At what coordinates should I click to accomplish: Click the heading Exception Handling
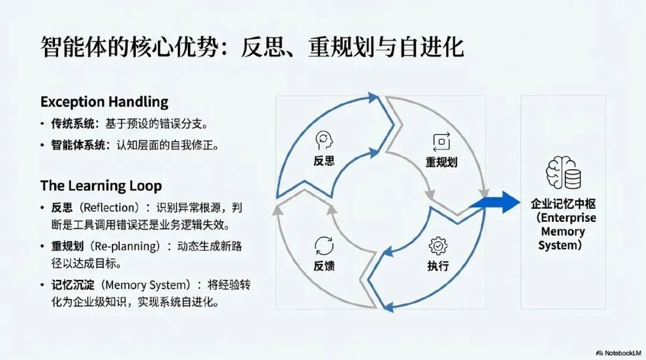click(x=104, y=101)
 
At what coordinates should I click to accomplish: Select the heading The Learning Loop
click(x=101, y=185)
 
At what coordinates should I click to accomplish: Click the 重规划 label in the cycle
click(x=441, y=162)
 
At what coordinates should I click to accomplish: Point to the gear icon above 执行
click(x=438, y=246)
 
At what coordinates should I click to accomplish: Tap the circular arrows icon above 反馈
click(x=324, y=246)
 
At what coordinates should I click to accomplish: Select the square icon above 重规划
click(x=441, y=142)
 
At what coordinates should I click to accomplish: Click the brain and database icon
click(x=562, y=173)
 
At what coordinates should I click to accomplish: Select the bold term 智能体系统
click(x=75, y=145)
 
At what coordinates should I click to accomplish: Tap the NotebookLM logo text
click(x=620, y=353)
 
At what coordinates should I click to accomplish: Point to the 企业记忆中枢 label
click(x=562, y=204)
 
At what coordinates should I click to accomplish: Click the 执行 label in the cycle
click(x=438, y=266)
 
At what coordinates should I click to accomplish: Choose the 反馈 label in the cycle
click(x=324, y=266)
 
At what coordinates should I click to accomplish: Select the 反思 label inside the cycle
click(x=324, y=161)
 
